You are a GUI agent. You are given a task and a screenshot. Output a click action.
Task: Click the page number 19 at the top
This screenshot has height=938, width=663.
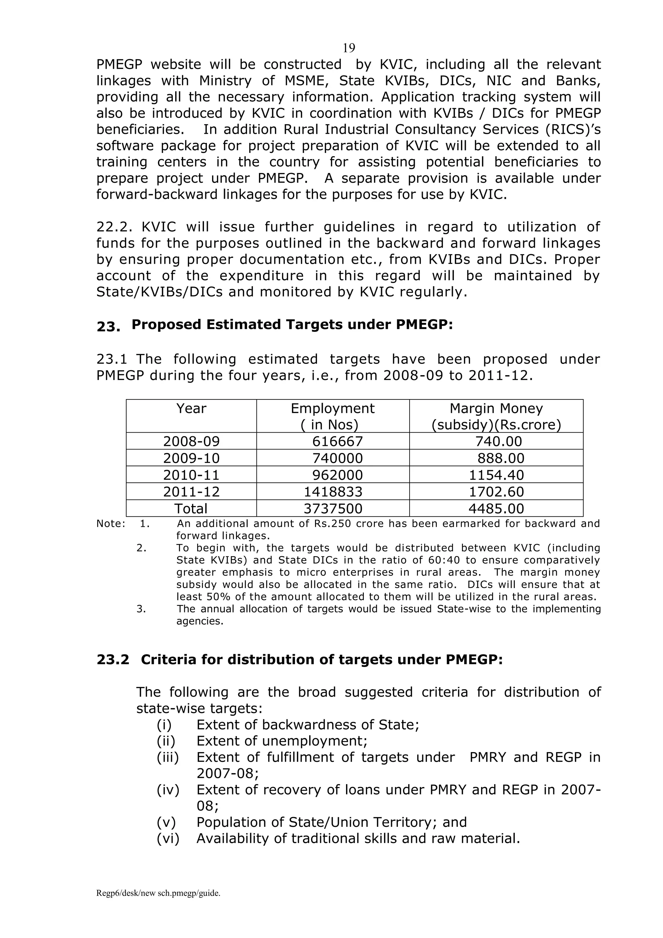click(x=349, y=48)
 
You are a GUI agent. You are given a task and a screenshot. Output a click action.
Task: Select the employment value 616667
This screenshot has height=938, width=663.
click(x=337, y=441)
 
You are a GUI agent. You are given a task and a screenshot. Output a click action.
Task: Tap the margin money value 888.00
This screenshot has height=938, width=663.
click(x=500, y=458)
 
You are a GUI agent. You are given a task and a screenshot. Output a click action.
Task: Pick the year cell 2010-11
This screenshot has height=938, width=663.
click(x=191, y=475)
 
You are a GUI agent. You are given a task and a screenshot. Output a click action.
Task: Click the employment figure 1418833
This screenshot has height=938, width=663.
click(x=333, y=492)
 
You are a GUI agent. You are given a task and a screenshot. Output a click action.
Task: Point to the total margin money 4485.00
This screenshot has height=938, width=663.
click(x=496, y=509)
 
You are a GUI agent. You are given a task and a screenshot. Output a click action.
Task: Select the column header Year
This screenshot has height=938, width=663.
click(x=191, y=408)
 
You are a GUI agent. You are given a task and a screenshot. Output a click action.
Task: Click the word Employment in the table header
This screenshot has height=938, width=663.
click(x=332, y=408)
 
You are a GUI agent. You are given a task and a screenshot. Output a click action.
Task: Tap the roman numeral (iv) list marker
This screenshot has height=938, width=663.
click(x=168, y=790)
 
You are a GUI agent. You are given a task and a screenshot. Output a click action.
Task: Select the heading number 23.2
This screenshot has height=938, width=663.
click(x=113, y=659)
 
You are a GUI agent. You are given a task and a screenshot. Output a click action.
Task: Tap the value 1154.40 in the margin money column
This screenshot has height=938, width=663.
click(x=496, y=475)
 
